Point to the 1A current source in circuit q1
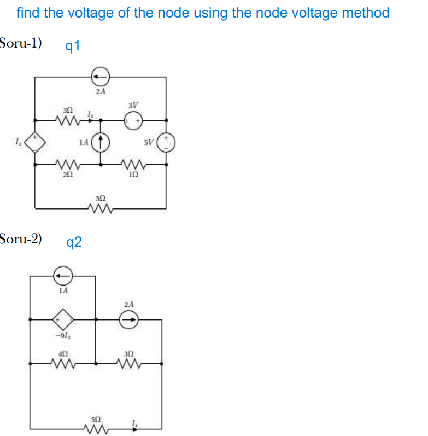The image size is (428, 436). pyautogui.click(x=101, y=142)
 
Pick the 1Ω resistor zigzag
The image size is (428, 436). pyautogui.click(x=132, y=164)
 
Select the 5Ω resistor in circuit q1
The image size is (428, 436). pyautogui.click(x=101, y=208)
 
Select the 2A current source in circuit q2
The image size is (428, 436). pyautogui.click(x=129, y=319)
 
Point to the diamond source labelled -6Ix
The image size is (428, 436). pyautogui.click(x=63, y=319)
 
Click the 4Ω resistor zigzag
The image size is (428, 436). pyautogui.click(x=63, y=362)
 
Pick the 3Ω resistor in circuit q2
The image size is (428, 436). pyautogui.click(x=129, y=362)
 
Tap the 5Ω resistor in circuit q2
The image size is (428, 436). pyautogui.click(x=96, y=427)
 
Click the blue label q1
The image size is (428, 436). pyautogui.click(x=72, y=46)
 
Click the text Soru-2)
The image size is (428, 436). pyautogui.click(x=21, y=239)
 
